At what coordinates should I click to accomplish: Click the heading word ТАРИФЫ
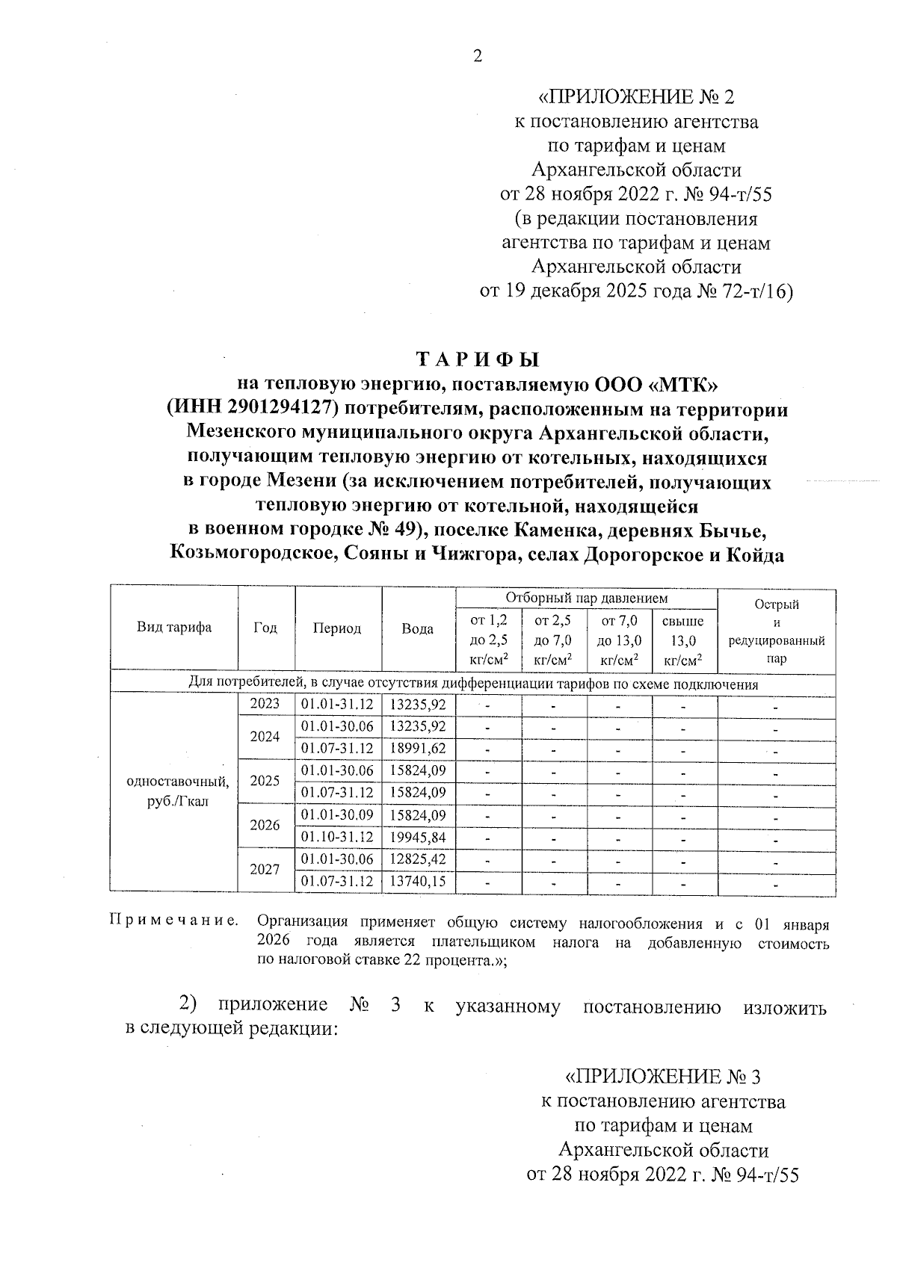[478, 360]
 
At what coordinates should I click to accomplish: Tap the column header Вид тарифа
[174, 628]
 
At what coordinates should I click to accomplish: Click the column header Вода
[418, 629]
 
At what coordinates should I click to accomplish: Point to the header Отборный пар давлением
[586, 599]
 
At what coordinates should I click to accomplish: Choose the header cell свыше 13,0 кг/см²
[683, 640]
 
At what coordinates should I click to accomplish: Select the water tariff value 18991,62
[418, 749]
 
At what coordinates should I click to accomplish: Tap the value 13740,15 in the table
[418, 882]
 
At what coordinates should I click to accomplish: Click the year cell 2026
[265, 826]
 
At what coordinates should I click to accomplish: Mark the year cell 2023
[265, 704]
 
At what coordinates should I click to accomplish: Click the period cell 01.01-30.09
[337, 815]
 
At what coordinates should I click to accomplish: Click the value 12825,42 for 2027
[418, 859]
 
